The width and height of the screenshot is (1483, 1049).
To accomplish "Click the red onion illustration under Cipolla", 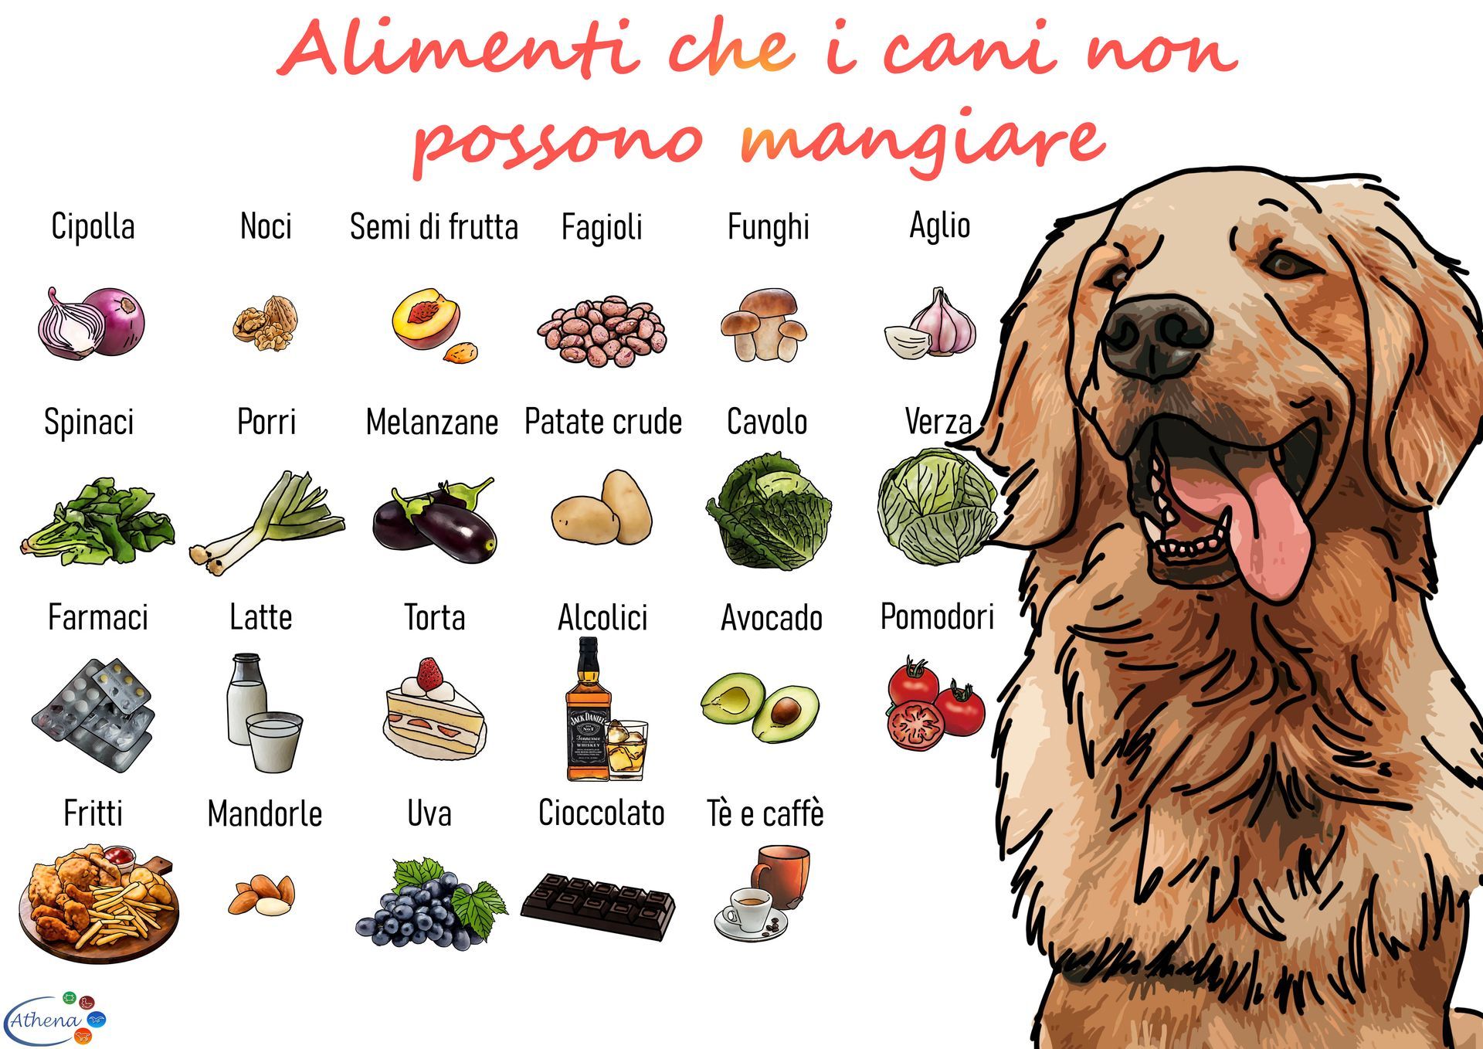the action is click(91, 322).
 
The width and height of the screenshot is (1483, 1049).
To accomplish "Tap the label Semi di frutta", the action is click(433, 227).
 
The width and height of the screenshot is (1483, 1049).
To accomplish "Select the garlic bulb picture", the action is click(932, 323).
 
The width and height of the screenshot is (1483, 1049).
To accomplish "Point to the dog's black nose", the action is click(1156, 337).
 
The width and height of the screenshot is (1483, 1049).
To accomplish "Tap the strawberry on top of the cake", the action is click(430, 676).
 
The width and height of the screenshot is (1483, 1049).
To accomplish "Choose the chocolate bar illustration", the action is click(598, 906).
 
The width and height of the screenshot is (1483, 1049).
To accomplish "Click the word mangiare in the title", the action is click(921, 143).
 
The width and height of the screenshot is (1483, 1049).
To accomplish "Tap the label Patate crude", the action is click(603, 423).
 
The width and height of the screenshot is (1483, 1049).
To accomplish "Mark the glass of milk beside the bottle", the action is click(274, 741).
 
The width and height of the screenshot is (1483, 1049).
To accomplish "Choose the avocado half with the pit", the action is click(786, 712).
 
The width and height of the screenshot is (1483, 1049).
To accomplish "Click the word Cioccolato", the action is click(601, 813).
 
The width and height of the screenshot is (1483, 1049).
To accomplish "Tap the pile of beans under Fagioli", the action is click(602, 330).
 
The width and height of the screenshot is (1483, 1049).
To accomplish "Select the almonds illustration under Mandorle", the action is click(262, 895).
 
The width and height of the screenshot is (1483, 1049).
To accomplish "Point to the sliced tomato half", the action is click(916, 725).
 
